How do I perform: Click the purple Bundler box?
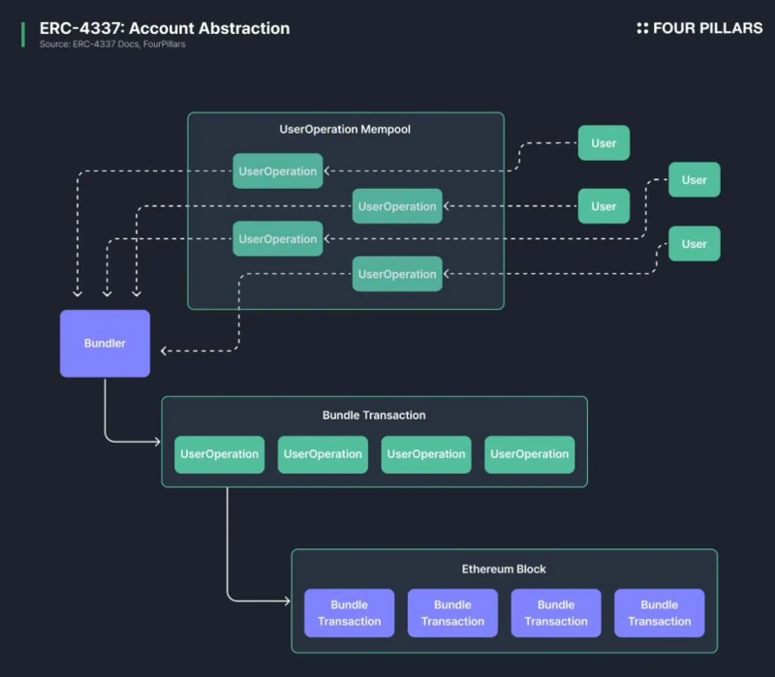tap(105, 343)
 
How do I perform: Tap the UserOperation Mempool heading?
tap(345, 129)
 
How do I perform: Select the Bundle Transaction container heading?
tap(374, 415)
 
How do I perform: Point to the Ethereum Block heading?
tap(504, 569)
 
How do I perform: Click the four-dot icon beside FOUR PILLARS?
tap(642, 28)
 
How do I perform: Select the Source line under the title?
tap(112, 45)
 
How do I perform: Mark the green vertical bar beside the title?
tap(22, 34)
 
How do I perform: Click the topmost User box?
tap(604, 143)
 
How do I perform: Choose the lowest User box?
tap(694, 244)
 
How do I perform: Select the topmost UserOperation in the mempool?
tap(278, 171)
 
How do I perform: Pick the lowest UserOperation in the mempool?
tap(397, 274)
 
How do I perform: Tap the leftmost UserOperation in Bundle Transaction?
tap(219, 454)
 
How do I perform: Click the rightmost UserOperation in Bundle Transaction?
tap(529, 454)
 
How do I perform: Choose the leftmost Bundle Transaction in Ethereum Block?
tap(349, 613)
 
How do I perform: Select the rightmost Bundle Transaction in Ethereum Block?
tap(659, 613)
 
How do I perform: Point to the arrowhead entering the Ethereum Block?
tap(287, 601)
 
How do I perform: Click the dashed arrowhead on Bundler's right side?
tap(164, 351)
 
